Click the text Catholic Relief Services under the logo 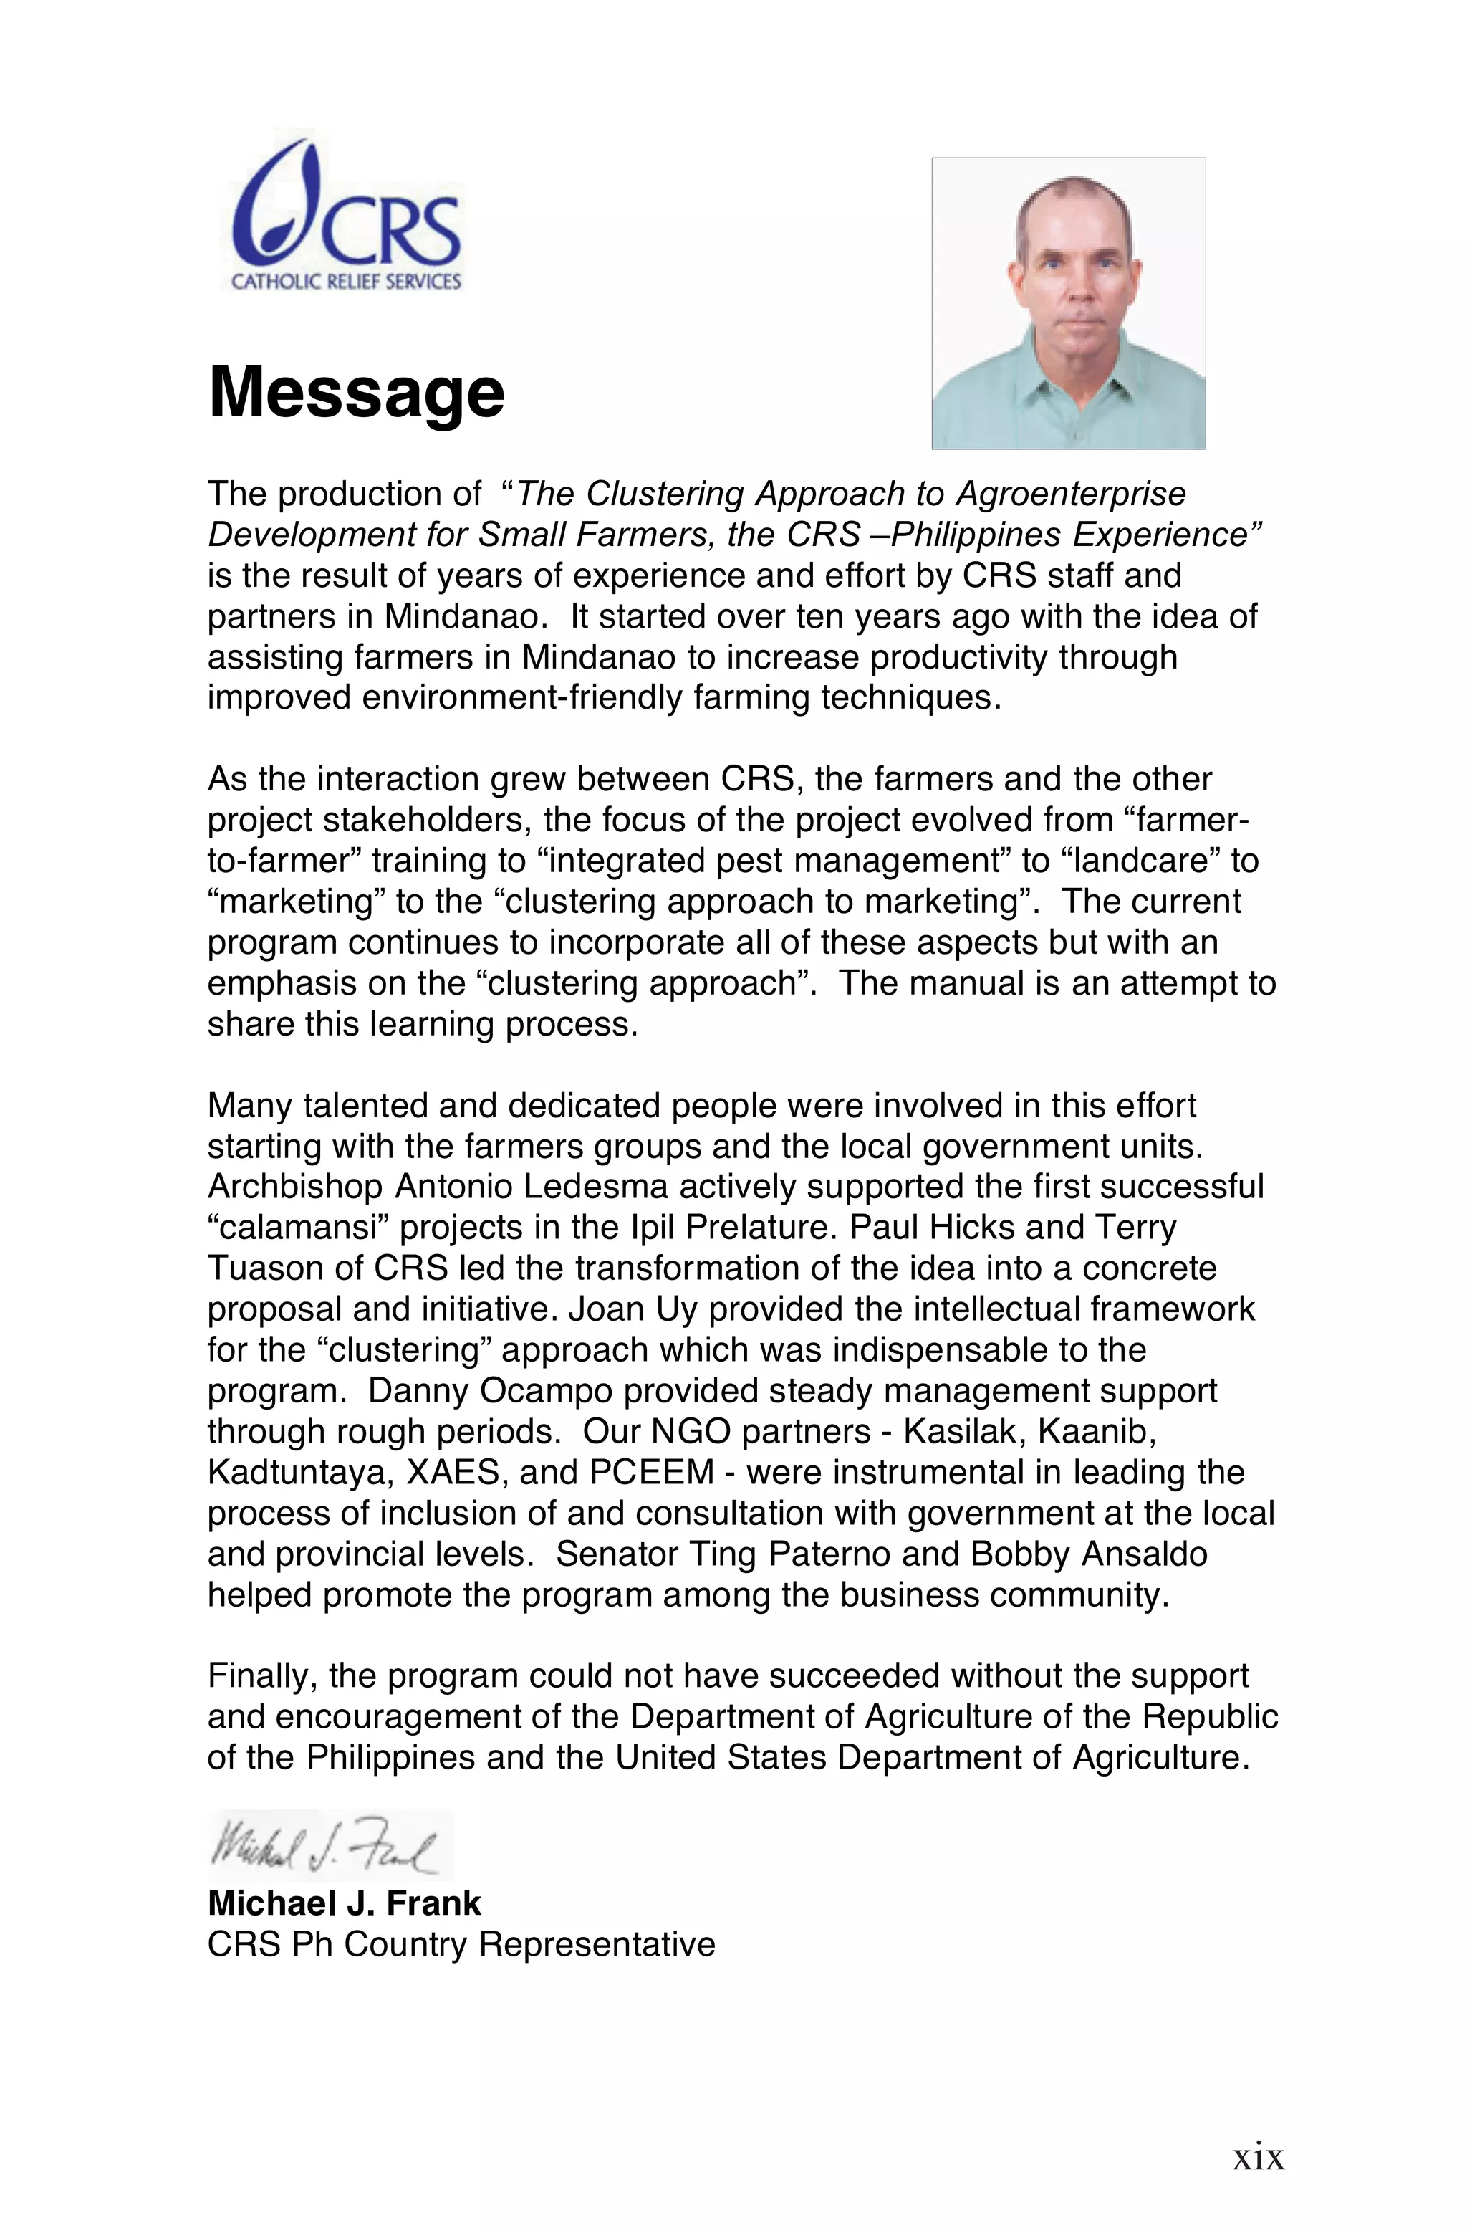346,282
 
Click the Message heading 357,392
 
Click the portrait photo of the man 1068,302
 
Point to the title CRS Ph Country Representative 461,1944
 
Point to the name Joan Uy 633,1309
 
